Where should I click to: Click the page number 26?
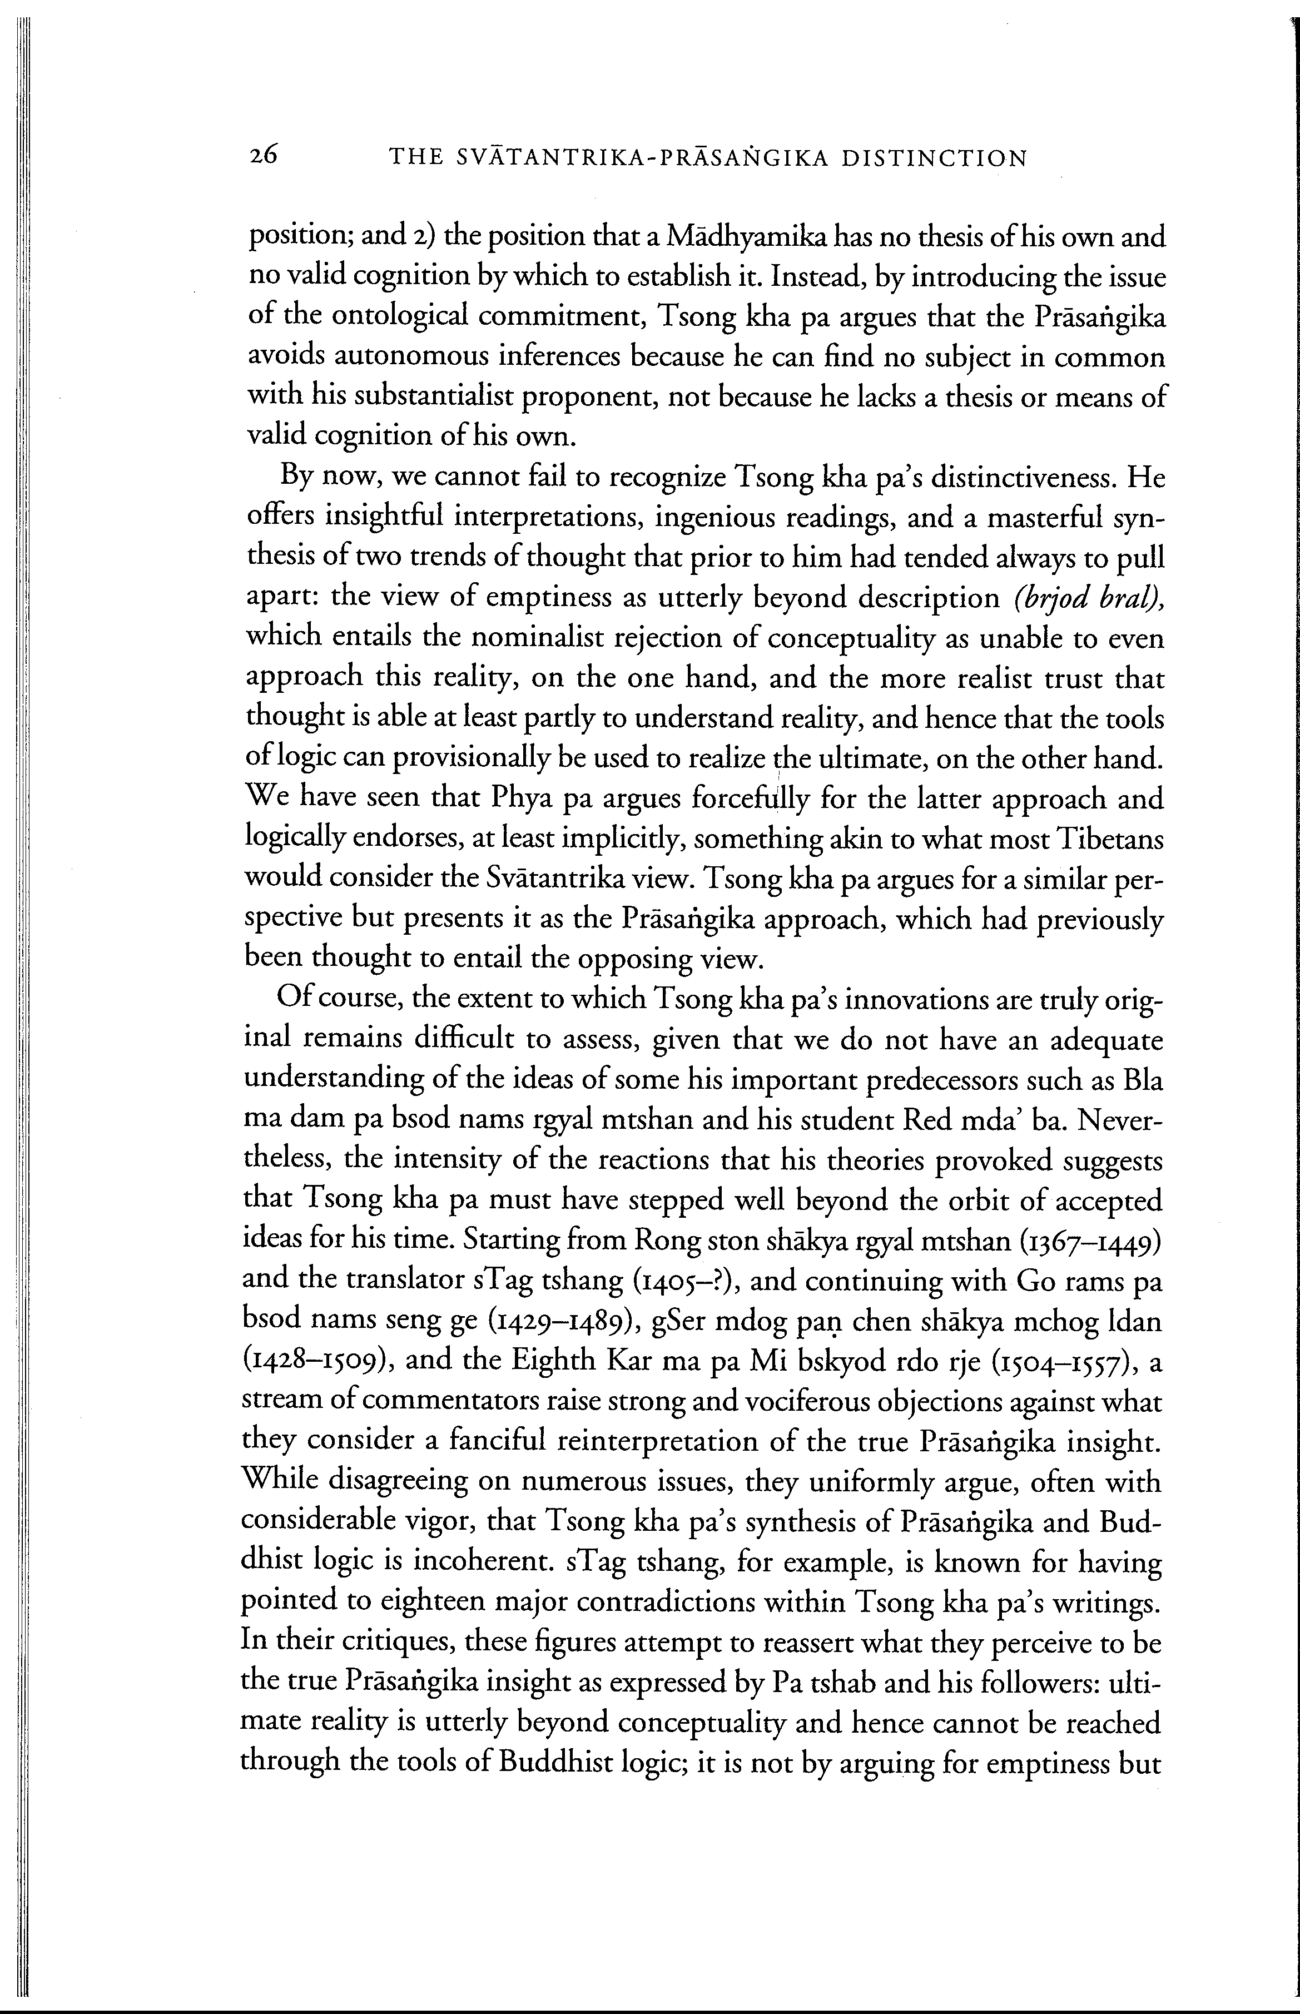pos(264,156)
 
